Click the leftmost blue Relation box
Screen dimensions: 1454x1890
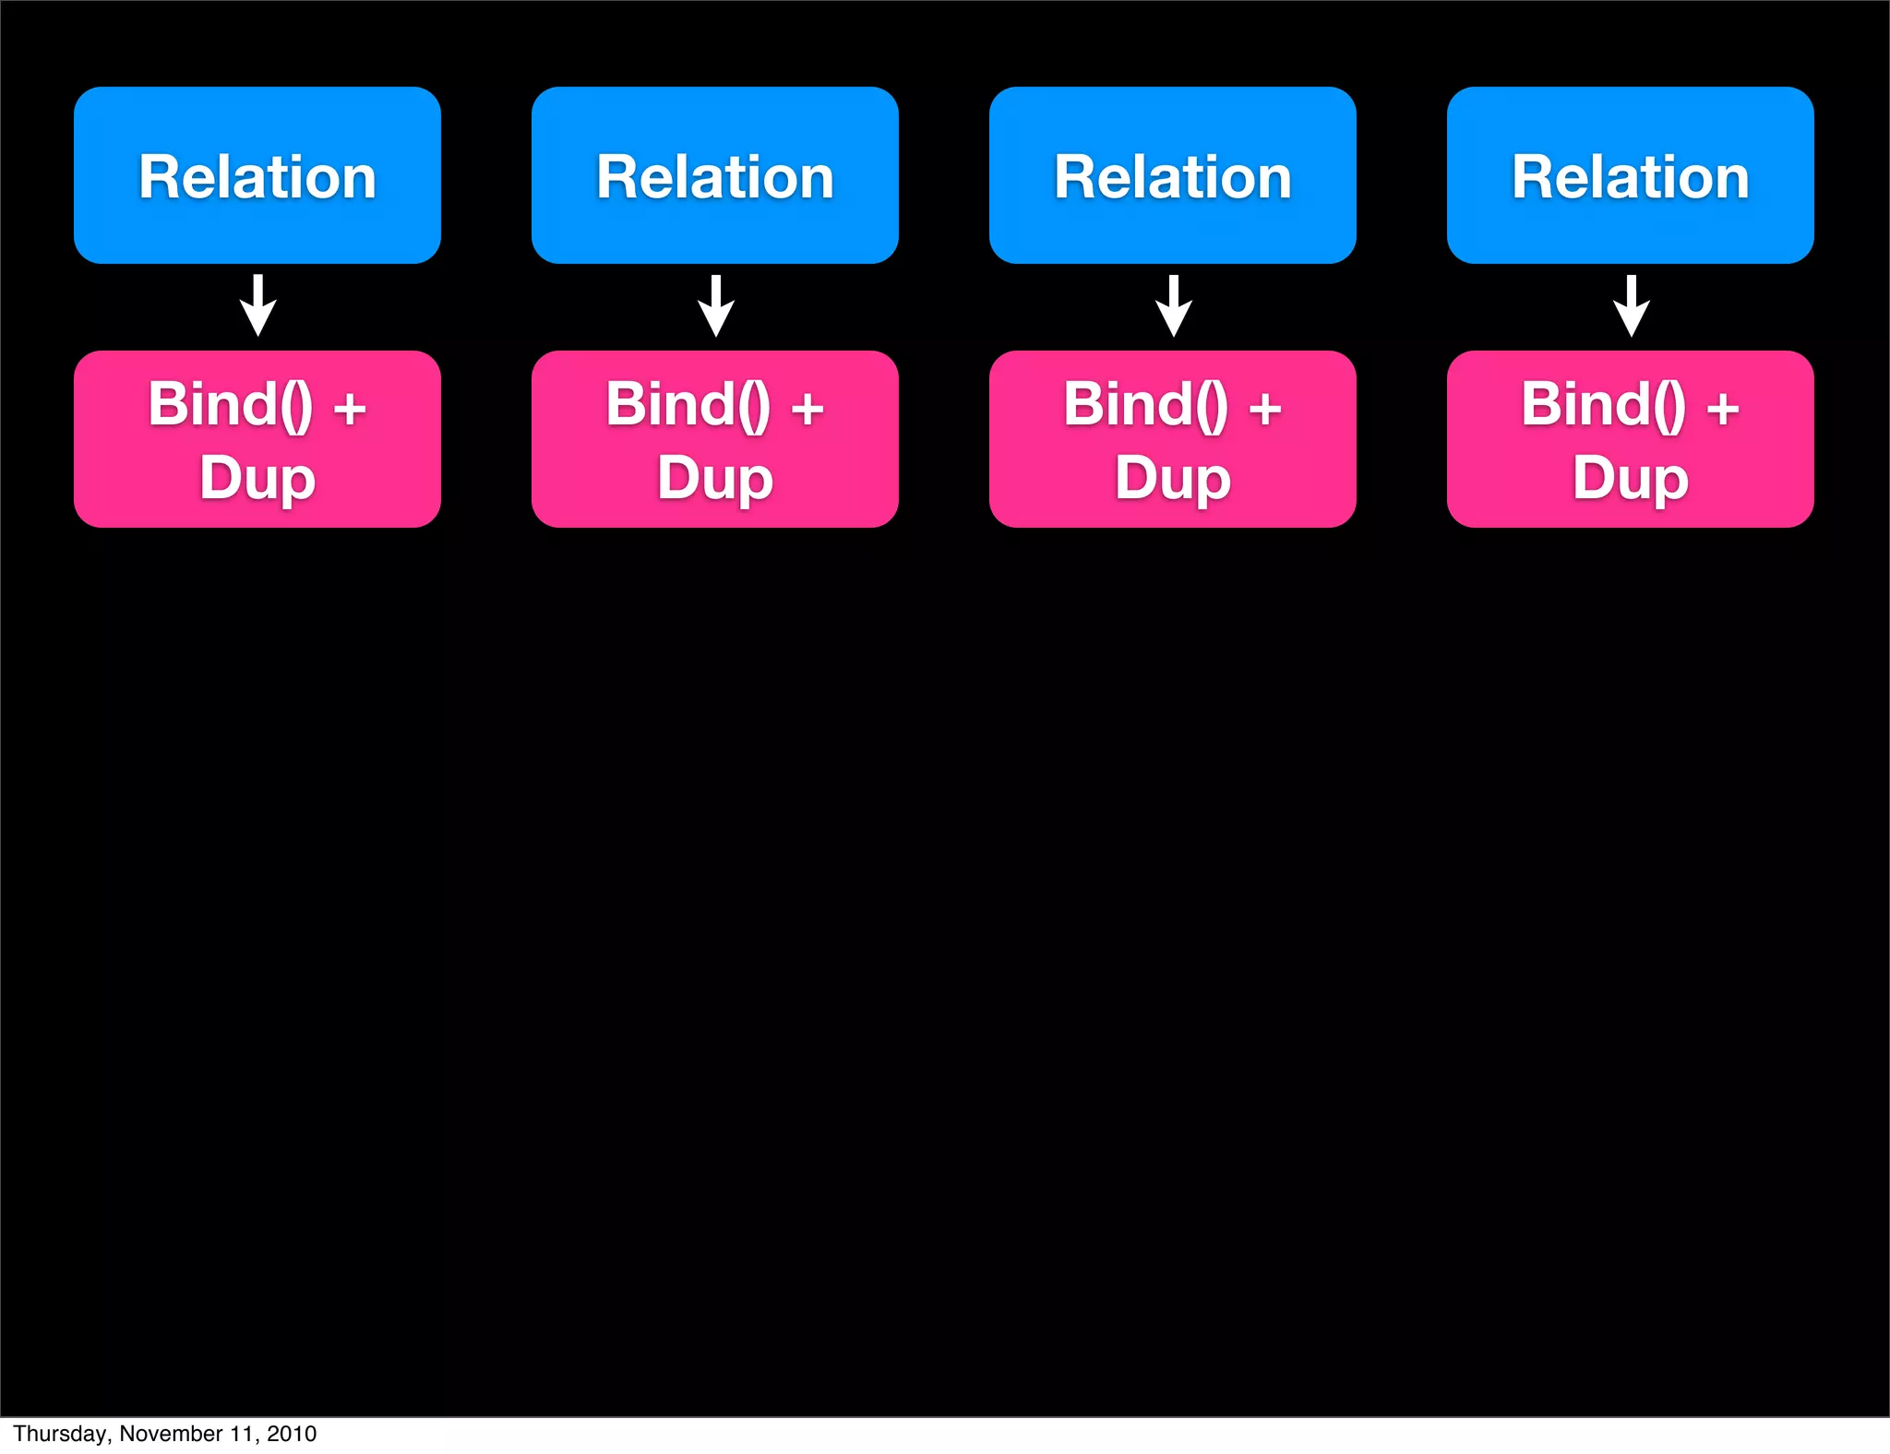pyautogui.click(x=257, y=175)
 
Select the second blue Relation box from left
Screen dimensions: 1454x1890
pyautogui.click(x=714, y=175)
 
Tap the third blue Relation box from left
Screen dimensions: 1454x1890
pyautogui.click(x=1172, y=175)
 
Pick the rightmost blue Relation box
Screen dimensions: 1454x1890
pyautogui.click(x=1630, y=175)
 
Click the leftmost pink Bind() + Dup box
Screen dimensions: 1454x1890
pyautogui.click(x=257, y=439)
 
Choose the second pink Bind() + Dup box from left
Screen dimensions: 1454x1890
pyautogui.click(x=714, y=439)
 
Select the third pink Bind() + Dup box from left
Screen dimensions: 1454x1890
pyautogui.click(x=1172, y=439)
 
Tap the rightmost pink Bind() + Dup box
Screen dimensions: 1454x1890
pyautogui.click(x=1630, y=439)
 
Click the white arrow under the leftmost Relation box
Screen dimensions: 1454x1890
pyautogui.click(x=258, y=306)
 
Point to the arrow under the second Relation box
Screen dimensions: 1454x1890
pyautogui.click(x=716, y=306)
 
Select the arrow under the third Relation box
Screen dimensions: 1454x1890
pyautogui.click(x=1174, y=306)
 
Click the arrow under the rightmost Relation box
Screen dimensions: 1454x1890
pyautogui.click(x=1632, y=306)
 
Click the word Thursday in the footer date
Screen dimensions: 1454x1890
pyautogui.click(x=60, y=1434)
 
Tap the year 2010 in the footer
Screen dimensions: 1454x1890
pyautogui.click(x=292, y=1434)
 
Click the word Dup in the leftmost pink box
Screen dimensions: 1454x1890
pyautogui.click(x=257, y=478)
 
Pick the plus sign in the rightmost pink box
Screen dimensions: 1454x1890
pyautogui.click(x=1722, y=408)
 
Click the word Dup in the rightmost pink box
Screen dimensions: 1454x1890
pyautogui.click(x=1631, y=478)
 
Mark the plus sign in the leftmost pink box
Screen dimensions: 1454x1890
pyautogui.click(x=349, y=408)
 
